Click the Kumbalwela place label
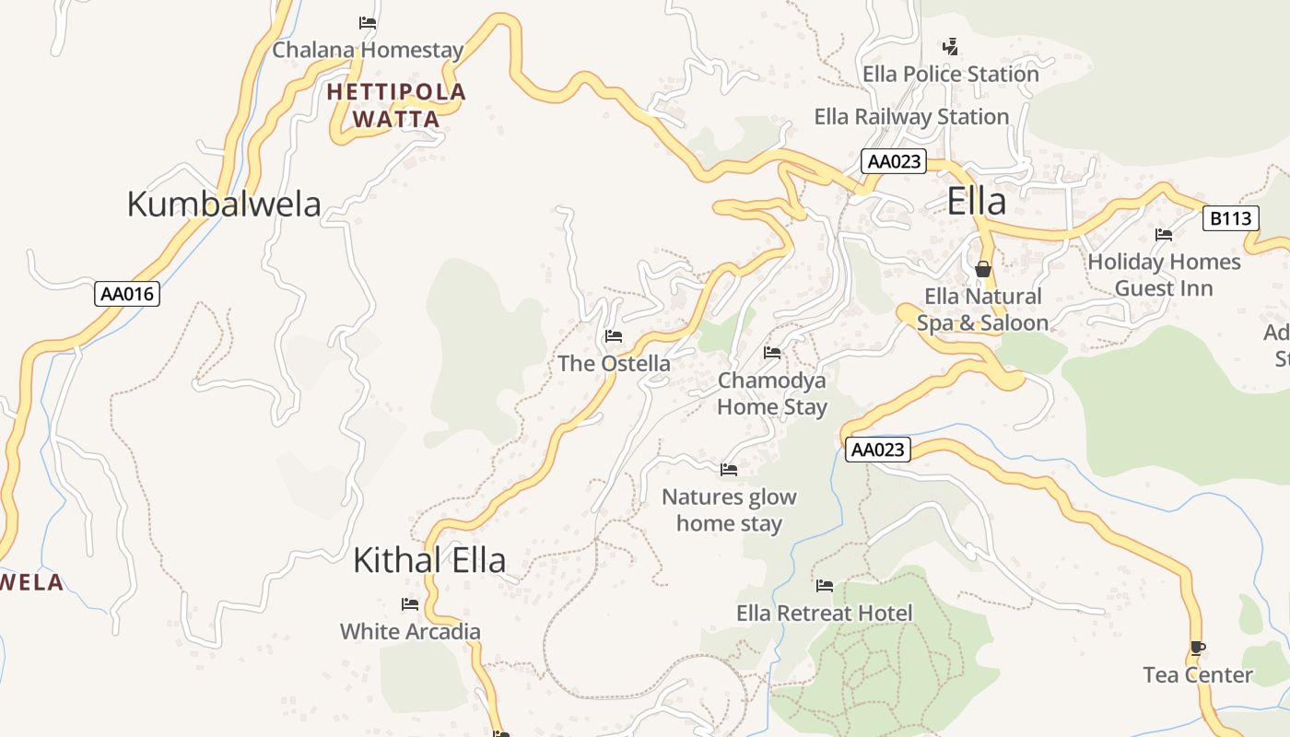click(x=223, y=205)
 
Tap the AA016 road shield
click(x=128, y=295)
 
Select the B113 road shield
click(x=1231, y=218)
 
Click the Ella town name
click(x=976, y=202)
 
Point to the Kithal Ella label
click(x=429, y=560)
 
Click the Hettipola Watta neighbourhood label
click(x=396, y=105)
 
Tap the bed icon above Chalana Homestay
click(x=368, y=23)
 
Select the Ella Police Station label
click(x=950, y=74)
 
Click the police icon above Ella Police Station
click(x=950, y=46)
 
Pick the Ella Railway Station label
click(x=911, y=117)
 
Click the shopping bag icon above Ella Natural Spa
click(x=983, y=269)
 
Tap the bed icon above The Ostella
click(x=614, y=336)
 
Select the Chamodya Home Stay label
click(x=772, y=393)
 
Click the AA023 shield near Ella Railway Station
click(x=894, y=161)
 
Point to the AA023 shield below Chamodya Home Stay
click(x=878, y=450)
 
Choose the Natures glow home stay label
click(x=729, y=510)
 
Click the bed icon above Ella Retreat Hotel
click(x=825, y=586)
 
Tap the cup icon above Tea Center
click(x=1197, y=649)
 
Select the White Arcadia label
click(x=410, y=632)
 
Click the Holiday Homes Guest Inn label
click(x=1164, y=275)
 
